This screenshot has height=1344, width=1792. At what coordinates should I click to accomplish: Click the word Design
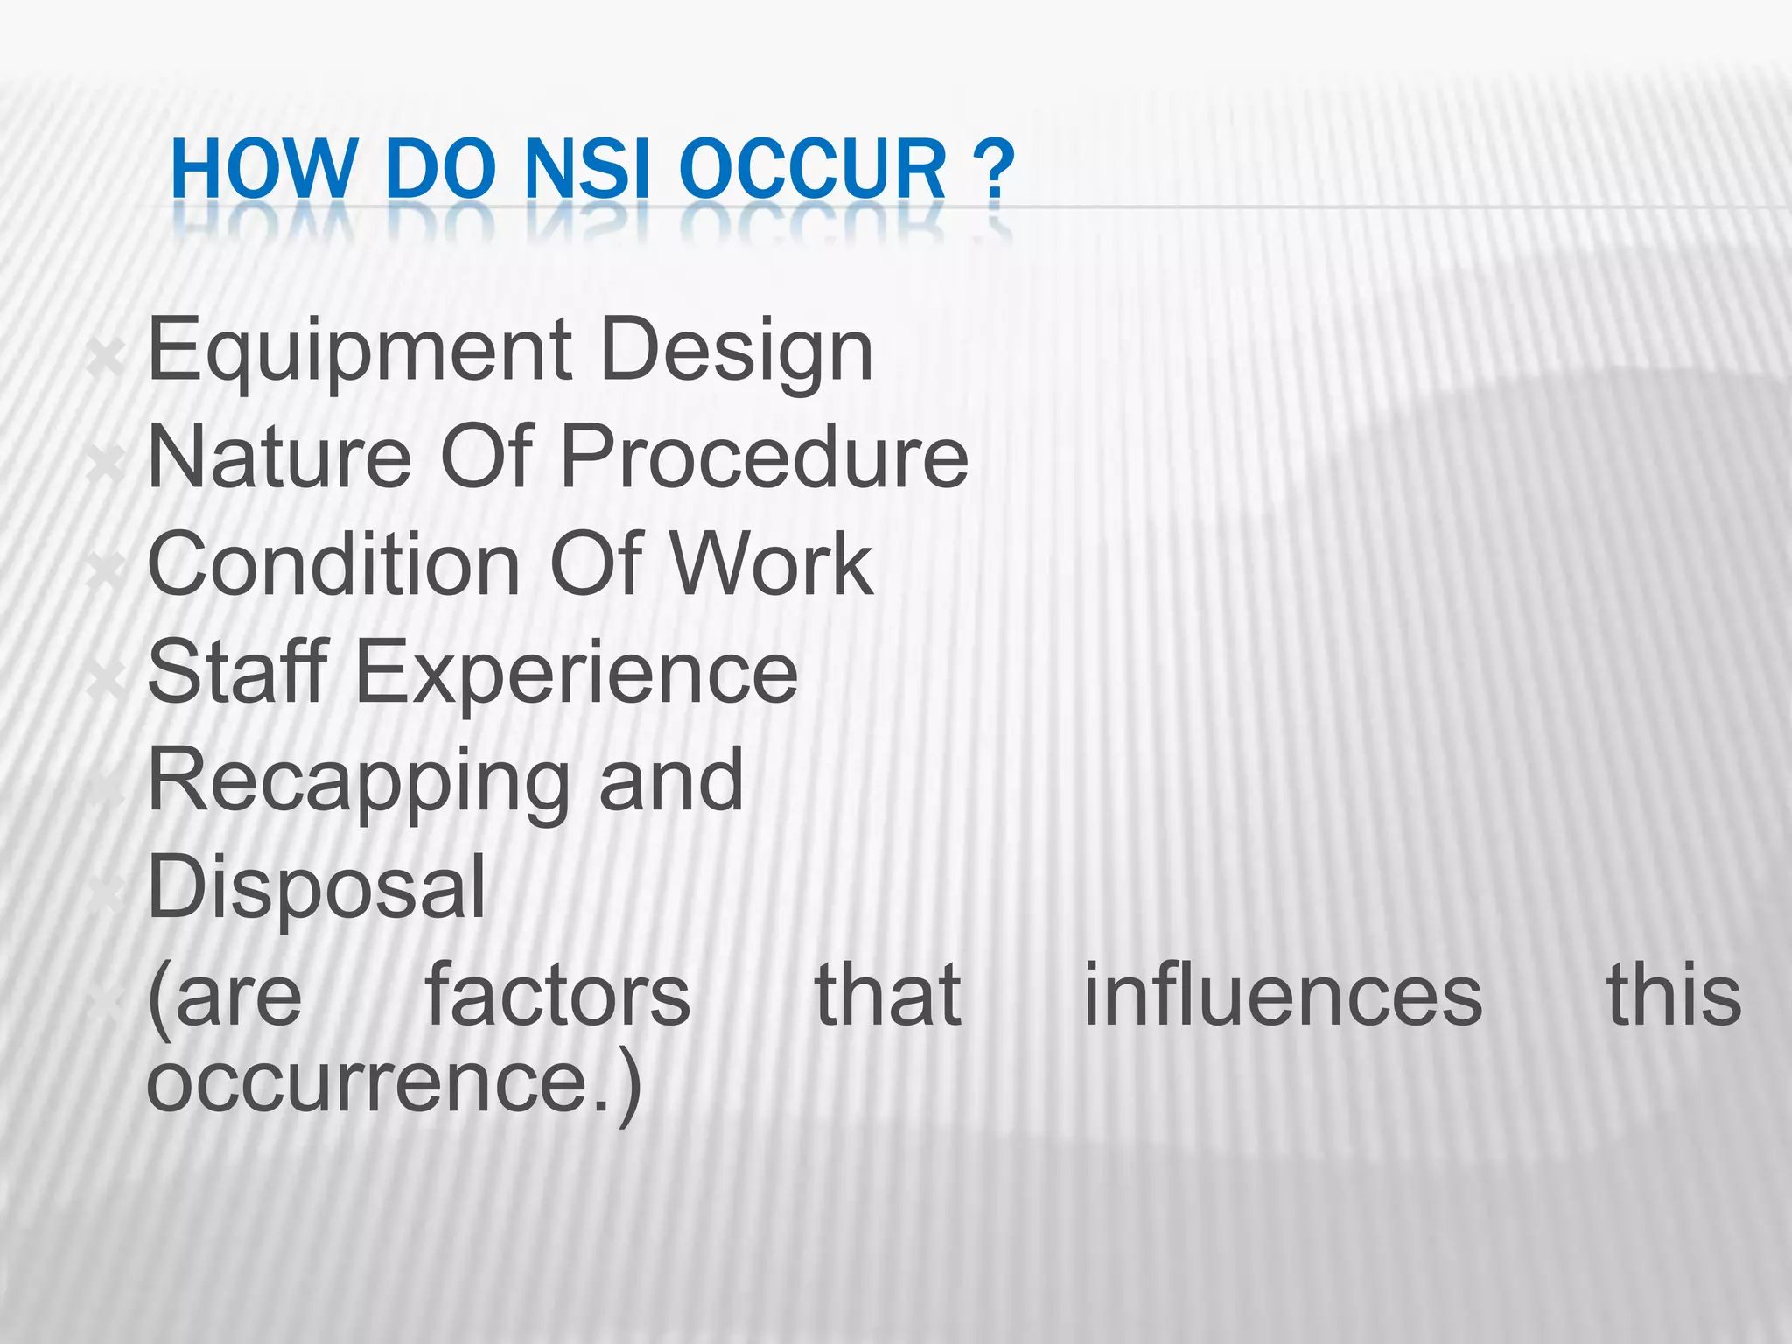(x=737, y=353)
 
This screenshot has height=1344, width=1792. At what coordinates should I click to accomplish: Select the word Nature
(x=279, y=457)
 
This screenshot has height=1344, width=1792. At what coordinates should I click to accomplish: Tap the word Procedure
(x=764, y=457)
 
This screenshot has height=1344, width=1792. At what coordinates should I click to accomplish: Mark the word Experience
(x=577, y=672)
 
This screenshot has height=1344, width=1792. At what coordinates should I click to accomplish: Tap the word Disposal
(x=316, y=887)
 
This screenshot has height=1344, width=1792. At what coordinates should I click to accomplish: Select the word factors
(x=557, y=995)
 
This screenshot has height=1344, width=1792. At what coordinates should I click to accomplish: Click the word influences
(x=1283, y=995)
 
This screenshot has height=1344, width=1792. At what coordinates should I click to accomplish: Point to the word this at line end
(x=1673, y=995)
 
